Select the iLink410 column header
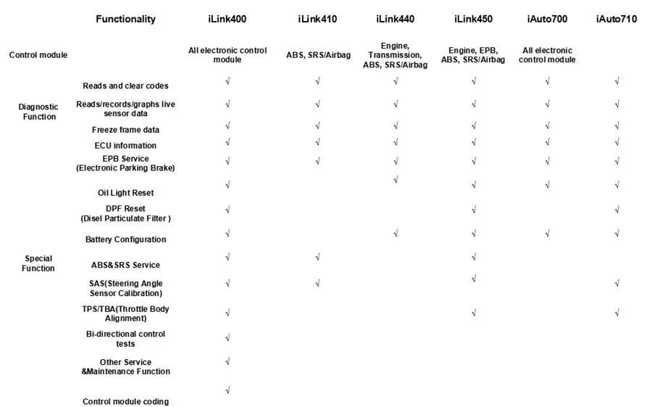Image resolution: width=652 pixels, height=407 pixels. (x=317, y=19)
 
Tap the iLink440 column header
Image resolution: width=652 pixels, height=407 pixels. (x=396, y=19)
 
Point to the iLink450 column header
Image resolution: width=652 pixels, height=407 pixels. (x=473, y=19)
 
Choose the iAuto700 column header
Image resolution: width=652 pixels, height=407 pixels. (x=548, y=19)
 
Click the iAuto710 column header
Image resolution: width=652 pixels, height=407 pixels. (x=617, y=19)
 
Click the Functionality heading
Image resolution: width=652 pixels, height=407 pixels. (x=125, y=20)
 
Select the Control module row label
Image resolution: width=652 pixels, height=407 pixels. (x=38, y=55)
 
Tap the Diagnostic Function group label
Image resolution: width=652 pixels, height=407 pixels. (x=38, y=112)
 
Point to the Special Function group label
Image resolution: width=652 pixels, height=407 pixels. (x=38, y=263)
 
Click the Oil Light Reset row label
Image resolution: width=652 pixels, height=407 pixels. (x=125, y=193)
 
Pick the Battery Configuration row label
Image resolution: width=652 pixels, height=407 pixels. (x=125, y=239)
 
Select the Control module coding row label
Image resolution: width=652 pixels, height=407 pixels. (x=125, y=401)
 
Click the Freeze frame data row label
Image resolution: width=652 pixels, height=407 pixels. (x=125, y=130)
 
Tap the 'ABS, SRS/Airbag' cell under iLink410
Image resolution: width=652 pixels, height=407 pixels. (x=317, y=55)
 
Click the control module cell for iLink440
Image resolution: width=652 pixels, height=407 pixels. (x=396, y=55)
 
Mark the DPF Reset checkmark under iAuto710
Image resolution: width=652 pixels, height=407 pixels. (x=617, y=210)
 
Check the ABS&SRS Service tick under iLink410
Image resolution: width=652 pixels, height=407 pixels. (x=317, y=257)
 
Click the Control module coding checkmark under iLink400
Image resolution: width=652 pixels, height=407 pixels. (x=228, y=390)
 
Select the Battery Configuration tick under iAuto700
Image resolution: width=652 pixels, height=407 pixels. (x=548, y=233)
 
